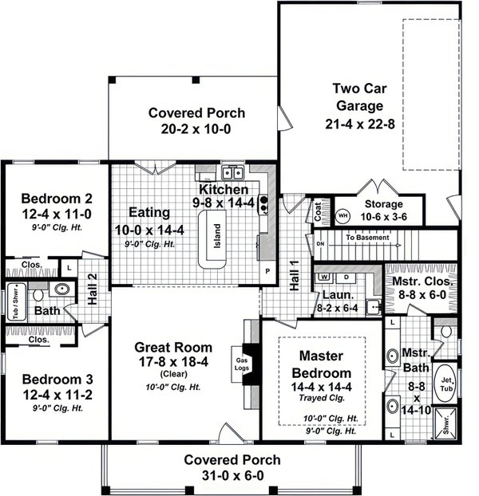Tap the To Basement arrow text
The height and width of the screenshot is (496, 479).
(x=371, y=237)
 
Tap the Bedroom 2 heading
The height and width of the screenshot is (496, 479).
(x=54, y=198)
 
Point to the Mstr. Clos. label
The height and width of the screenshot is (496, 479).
(x=422, y=281)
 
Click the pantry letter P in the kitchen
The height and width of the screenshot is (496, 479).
(x=267, y=270)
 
